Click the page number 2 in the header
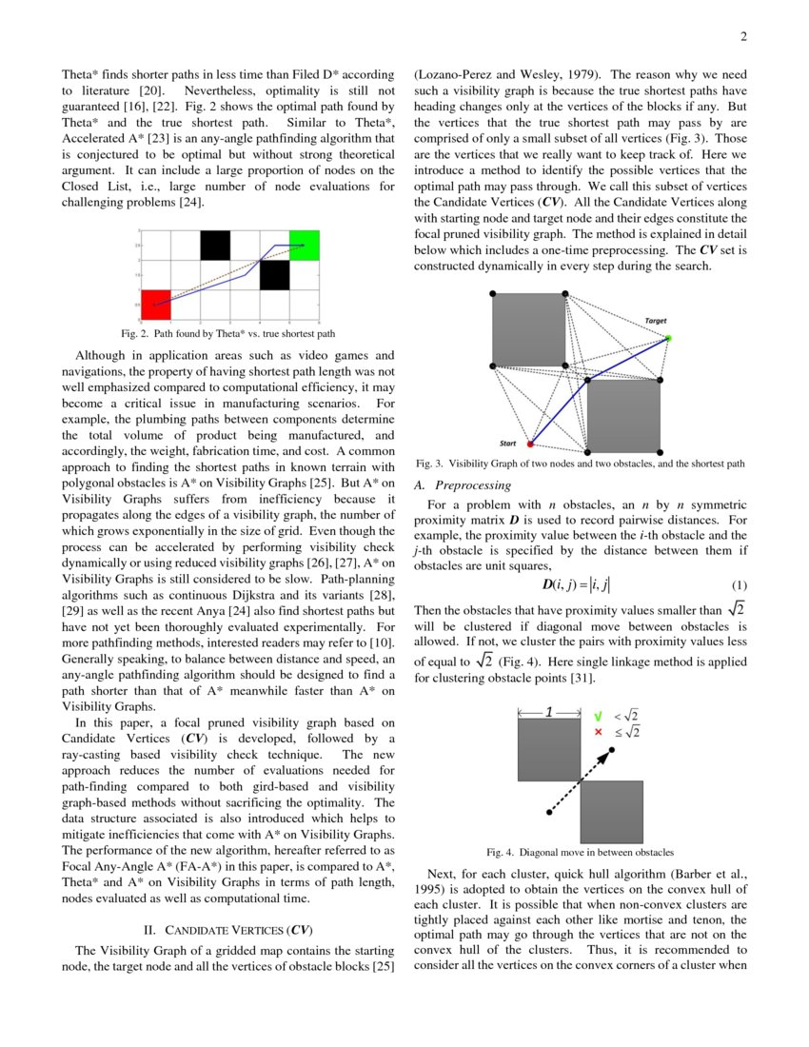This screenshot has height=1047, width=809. pos(743,37)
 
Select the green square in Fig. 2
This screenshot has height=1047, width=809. pos(305,246)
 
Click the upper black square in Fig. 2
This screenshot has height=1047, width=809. pos(215,245)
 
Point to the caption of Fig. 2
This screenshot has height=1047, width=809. pos(227,334)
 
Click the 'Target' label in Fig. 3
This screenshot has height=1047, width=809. pos(656,321)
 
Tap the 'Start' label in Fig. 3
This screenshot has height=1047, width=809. pos(509,443)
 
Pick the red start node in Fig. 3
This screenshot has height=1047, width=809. pos(531,444)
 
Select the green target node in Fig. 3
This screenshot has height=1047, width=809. pos(668,339)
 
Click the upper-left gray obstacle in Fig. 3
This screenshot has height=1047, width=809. pos(528,329)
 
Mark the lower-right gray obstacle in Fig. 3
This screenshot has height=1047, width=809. pos(623,415)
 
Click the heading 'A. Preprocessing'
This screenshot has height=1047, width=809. pos(463,485)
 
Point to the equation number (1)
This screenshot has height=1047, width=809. pos(738,584)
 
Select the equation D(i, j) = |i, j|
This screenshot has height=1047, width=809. pos(576,584)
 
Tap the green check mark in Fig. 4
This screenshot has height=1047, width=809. pos(598,715)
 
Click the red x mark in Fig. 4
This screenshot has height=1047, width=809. pos(598,732)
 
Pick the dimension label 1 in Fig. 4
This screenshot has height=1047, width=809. pos(549,711)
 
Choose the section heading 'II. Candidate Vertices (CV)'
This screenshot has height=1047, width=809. pos(227,930)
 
